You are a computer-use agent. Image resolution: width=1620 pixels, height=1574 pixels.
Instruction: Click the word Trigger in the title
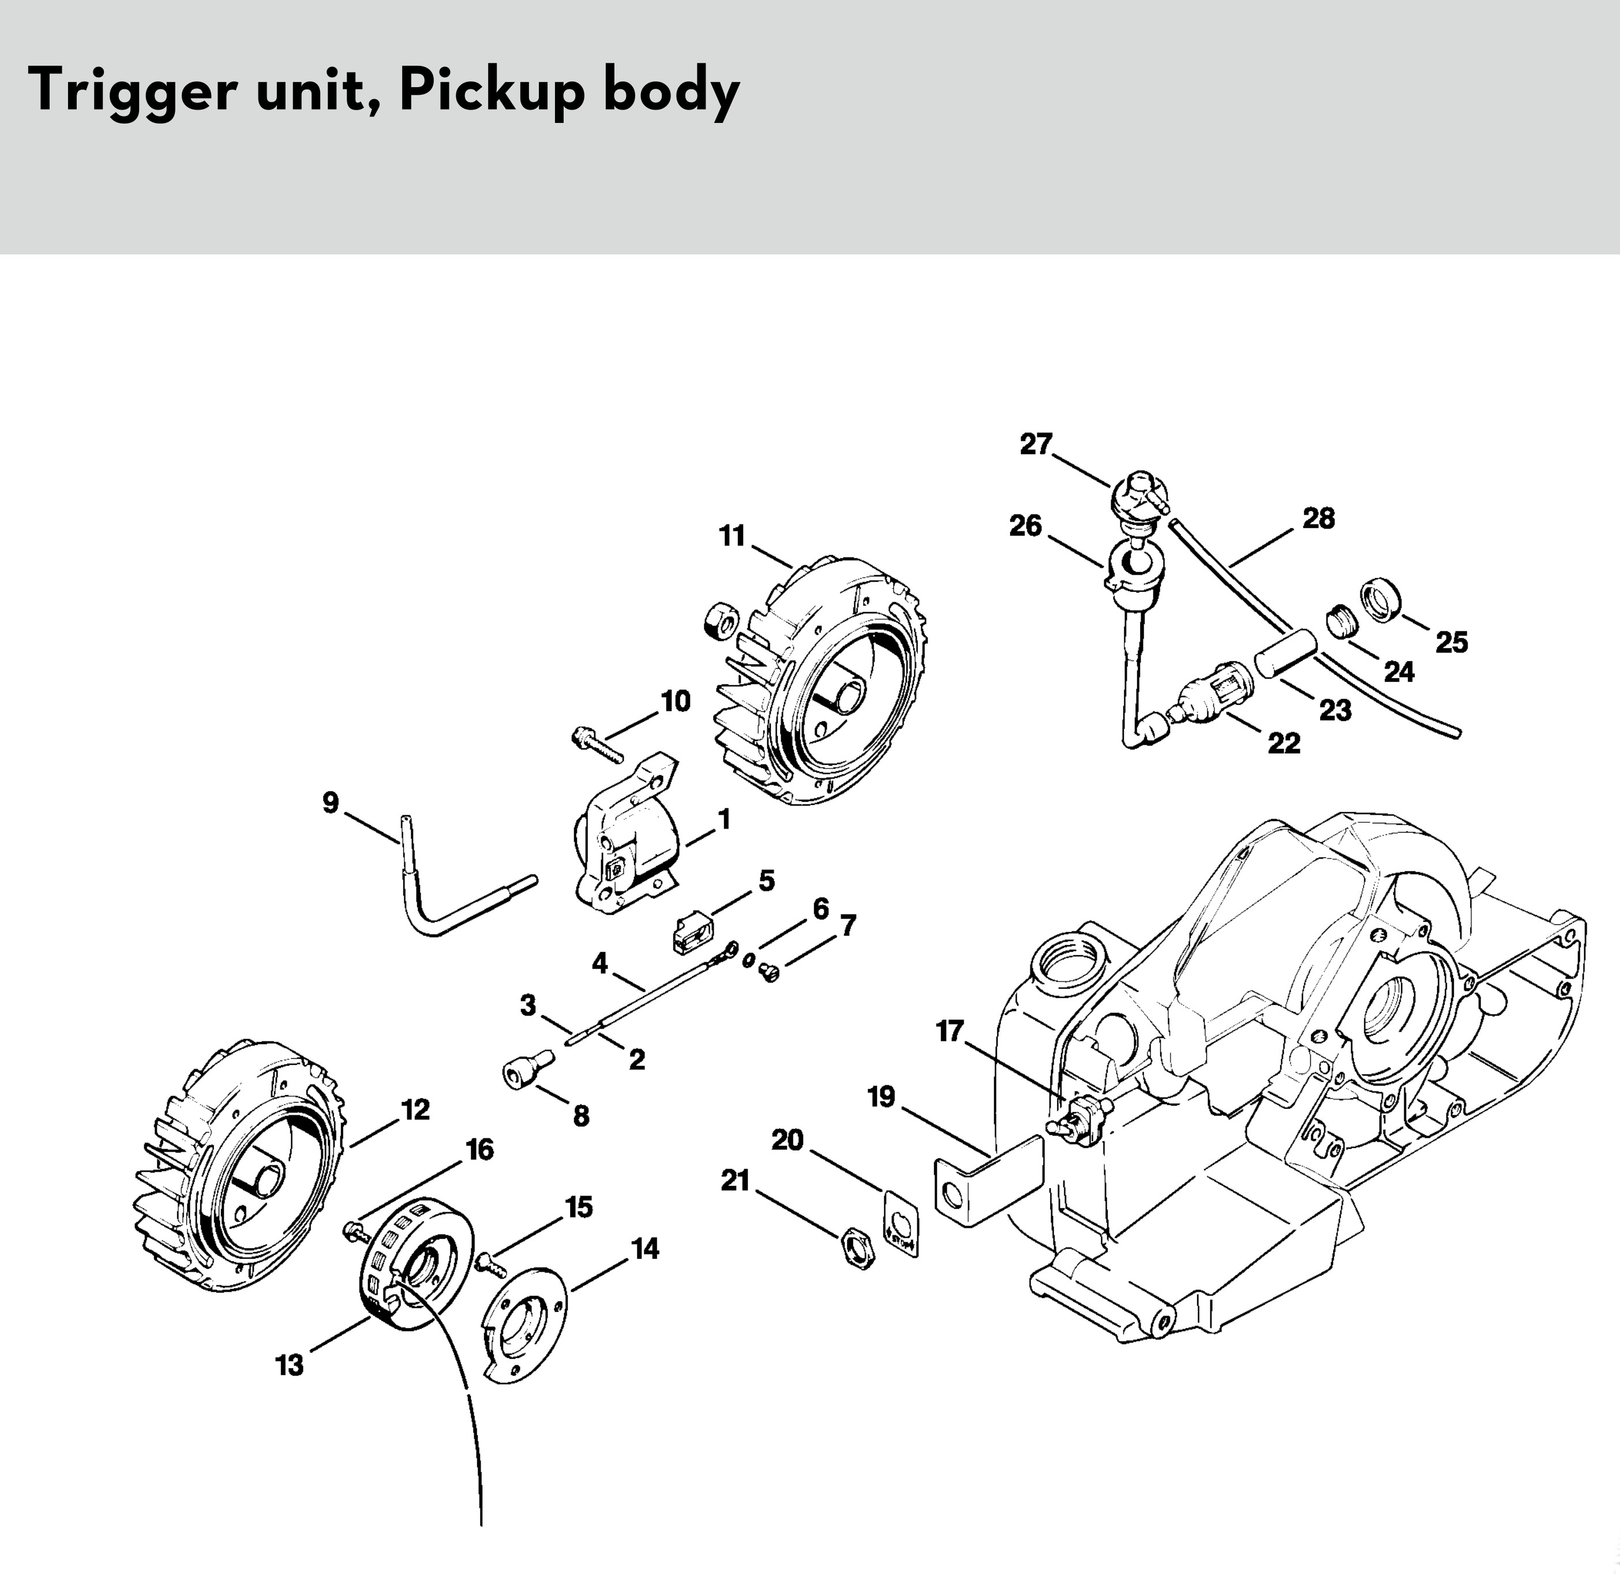pyautogui.click(x=132, y=92)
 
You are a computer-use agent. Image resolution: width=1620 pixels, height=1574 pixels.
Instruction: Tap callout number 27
pyautogui.click(x=1035, y=445)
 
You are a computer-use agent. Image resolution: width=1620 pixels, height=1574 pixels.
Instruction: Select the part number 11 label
pyautogui.click(x=732, y=537)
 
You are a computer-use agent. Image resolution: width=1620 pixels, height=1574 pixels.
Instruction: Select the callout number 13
pyautogui.click(x=289, y=1366)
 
